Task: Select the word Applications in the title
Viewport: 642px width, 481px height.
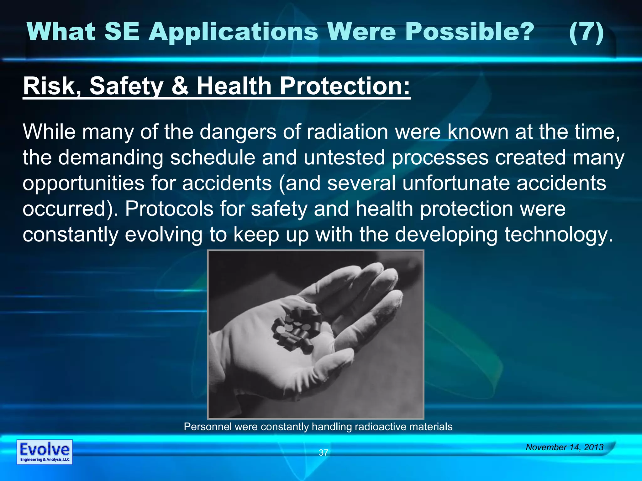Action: click(234, 33)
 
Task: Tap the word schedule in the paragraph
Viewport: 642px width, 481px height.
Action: click(213, 158)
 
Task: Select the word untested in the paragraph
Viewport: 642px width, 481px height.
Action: click(344, 158)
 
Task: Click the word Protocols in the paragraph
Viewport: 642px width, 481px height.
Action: click(169, 209)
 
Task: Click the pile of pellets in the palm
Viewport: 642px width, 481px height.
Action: click(296, 329)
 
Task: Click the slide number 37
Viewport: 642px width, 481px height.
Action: click(323, 453)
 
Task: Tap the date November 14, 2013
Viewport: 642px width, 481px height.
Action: click(565, 447)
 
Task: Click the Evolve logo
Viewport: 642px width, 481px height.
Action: click(45, 452)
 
